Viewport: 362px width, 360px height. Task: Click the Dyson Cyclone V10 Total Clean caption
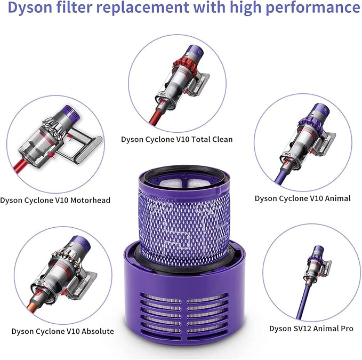[176, 140]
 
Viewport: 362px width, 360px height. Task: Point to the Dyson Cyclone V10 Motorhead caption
[55, 200]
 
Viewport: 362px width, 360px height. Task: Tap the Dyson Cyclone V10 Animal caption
[302, 198]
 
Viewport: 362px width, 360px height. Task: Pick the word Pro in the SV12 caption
[346, 329]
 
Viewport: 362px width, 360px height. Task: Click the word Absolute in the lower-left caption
[94, 331]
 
